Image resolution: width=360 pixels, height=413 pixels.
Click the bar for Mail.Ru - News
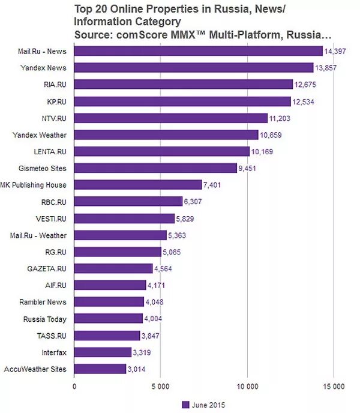point(198,51)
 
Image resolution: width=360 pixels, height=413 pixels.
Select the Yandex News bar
point(194,68)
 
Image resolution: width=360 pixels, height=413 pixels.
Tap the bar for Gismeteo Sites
point(155,168)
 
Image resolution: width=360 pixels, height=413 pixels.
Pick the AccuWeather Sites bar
point(100,369)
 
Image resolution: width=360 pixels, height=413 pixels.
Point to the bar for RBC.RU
point(128,202)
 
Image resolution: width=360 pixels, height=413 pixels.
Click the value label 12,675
point(305,85)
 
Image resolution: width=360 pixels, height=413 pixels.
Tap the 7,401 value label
point(212,185)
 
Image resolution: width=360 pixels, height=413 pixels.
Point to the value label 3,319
point(142,352)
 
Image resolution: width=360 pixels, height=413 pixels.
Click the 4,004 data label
point(154,319)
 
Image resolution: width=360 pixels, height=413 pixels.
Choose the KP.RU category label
point(57,101)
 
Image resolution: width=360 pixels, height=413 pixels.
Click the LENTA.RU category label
point(50,152)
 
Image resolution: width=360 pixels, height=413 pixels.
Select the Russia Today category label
point(45,319)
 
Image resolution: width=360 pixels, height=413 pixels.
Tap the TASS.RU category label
point(52,336)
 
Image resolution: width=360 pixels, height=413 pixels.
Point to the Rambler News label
point(45,303)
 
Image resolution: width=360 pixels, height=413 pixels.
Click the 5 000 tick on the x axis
point(161,387)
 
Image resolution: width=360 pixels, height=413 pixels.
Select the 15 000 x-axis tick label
point(334,387)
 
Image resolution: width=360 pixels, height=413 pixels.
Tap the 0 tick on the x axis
point(74,387)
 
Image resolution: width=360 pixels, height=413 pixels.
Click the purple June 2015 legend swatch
point(185,405)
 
